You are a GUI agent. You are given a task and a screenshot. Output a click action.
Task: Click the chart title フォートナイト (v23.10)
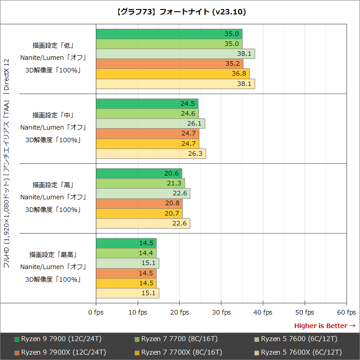(180, 12)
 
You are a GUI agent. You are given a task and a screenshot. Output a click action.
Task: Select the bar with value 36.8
(172, 74)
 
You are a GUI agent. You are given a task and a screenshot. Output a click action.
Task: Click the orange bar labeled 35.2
(169, 64)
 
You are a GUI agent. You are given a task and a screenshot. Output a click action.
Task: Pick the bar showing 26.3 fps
(151, 154)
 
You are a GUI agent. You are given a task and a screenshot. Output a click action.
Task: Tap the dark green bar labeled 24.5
(147, 103)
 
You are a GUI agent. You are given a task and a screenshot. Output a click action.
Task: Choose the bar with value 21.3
(140, 183)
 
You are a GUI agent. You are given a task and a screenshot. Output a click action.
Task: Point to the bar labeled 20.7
(139, 213)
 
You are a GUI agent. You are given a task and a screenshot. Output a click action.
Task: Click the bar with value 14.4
(126, 253)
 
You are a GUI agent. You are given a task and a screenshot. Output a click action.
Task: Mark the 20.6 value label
(172, 173)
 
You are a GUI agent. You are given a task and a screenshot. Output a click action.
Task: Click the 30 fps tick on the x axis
(221, 312)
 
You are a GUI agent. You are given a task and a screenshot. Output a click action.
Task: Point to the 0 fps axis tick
(96, 312)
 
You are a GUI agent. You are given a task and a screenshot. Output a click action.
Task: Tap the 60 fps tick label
(346, 312)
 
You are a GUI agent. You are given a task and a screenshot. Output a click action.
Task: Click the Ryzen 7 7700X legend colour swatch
(137, 352)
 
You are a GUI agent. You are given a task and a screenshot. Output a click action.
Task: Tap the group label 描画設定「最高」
(53, 254)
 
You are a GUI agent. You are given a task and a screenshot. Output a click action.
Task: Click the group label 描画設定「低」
(53, 45)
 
